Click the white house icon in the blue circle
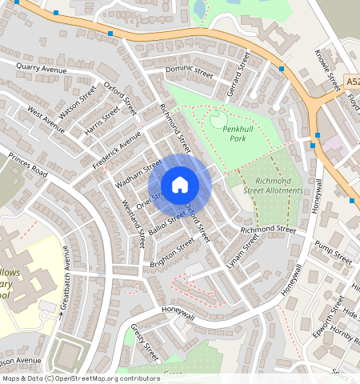point(180,185)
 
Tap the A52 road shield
point(353,82)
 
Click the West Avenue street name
point(46,118)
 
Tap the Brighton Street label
point(172,254)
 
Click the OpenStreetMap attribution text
point(80,378)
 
